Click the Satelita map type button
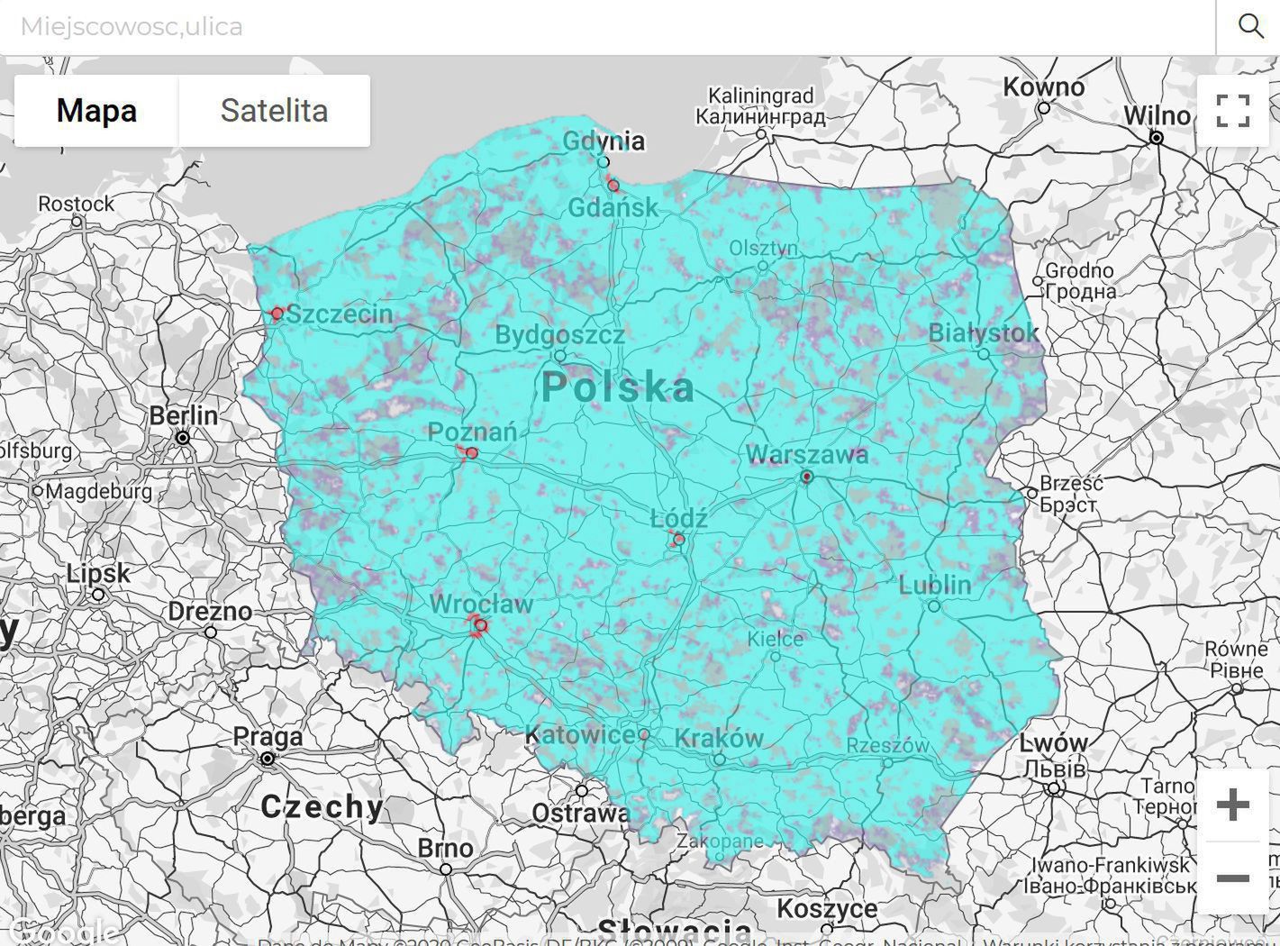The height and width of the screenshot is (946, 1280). tap(274, 111)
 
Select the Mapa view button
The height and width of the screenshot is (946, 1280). tap(96, 111)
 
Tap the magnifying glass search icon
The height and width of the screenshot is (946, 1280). tap(1250, 26)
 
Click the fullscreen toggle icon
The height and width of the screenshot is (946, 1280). tap(1232, 111)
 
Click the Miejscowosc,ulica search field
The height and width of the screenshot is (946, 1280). tap(604, 27)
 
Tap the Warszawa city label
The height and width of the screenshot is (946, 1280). tap(807, 455)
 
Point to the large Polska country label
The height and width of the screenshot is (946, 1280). tap(618, 387)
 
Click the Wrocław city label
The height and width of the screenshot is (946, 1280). tap(481, 604)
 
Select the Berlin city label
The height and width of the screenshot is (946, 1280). tap(184, 415)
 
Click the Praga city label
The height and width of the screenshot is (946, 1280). tap(268, 737)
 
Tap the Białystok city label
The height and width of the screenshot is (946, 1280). tap(984, 332)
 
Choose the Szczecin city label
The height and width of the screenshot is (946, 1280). tap(339, 314)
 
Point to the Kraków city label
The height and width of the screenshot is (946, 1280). tap(719, 738)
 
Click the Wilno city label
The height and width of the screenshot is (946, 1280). tap(1157, 115)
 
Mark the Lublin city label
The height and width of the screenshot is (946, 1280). tap(935, 585)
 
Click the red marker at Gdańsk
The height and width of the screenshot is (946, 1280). tap(613, 186)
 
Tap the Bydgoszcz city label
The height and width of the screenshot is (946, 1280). tap(559, 335)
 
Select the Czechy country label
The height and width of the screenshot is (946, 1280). tap(322, 806)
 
